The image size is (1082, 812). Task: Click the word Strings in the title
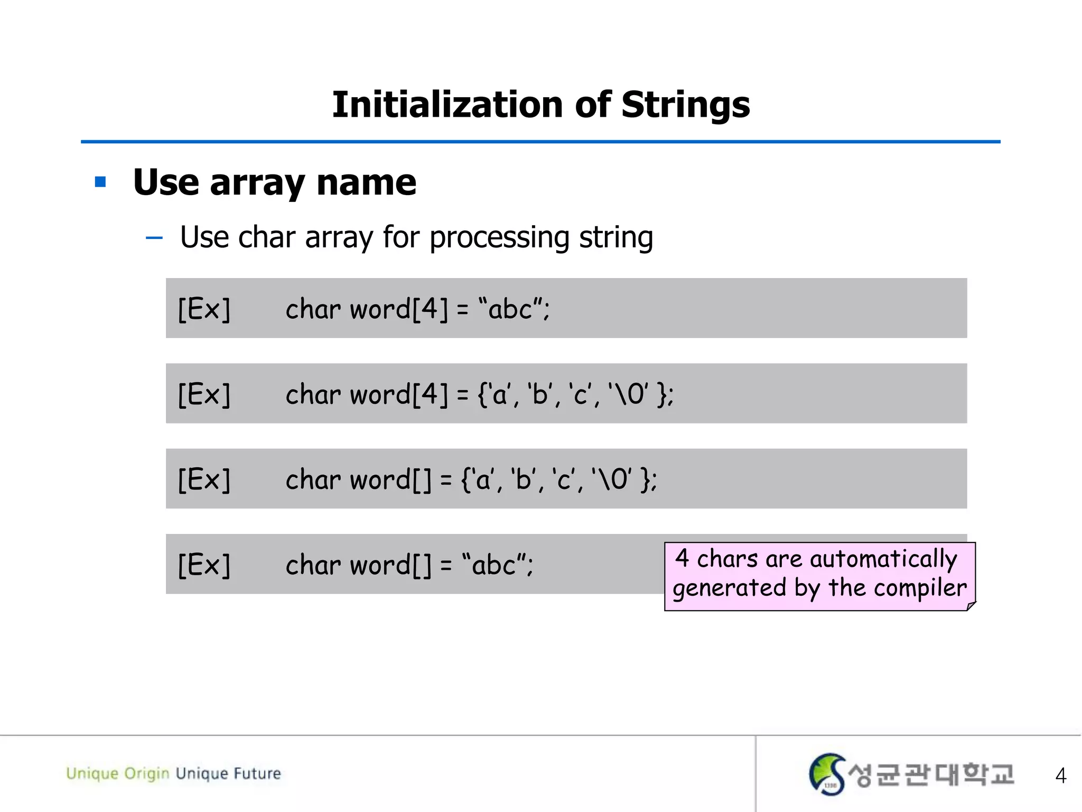(685, 104)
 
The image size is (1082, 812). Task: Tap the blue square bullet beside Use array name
(100, 182)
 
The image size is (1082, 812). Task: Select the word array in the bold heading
(257, 183)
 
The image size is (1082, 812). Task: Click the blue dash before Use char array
(154, 238)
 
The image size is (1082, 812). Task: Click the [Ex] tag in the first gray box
(204, 309)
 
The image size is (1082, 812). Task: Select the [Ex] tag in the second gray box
(204, 394)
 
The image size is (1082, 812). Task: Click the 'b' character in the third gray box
(523, 480)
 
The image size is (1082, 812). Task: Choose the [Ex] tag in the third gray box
(204, 480)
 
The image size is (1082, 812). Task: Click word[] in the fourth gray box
(390, 565)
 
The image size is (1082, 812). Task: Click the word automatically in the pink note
(883, 559)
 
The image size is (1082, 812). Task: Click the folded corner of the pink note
(971, 606)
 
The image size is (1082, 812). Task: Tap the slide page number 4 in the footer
(1060, 776)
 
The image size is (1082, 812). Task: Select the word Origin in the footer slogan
(146, 773)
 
